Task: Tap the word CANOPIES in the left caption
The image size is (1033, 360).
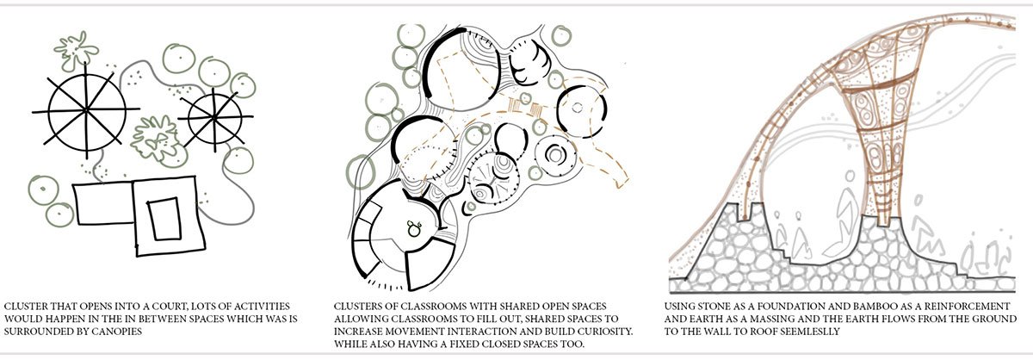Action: [118, 332]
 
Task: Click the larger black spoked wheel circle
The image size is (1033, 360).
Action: [86, 111]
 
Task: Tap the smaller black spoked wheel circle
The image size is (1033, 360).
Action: [215, 118]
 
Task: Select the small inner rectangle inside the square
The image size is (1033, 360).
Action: [164, 219]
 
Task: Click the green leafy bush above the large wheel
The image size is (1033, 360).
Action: [76, 51]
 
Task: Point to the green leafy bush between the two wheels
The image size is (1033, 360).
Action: [154, 139]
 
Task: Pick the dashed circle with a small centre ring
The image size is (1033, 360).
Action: [581, 111]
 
